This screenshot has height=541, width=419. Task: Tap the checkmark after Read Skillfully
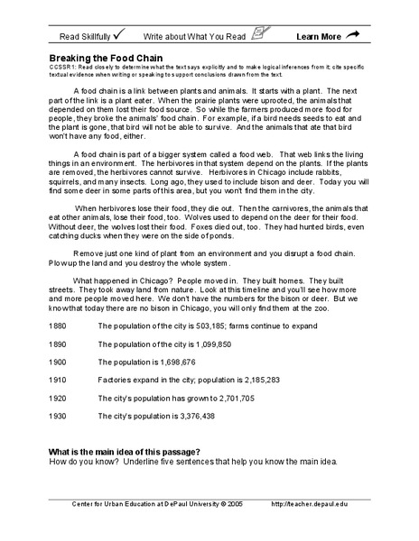(120, 35)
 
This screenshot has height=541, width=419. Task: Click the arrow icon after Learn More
(352, 35)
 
